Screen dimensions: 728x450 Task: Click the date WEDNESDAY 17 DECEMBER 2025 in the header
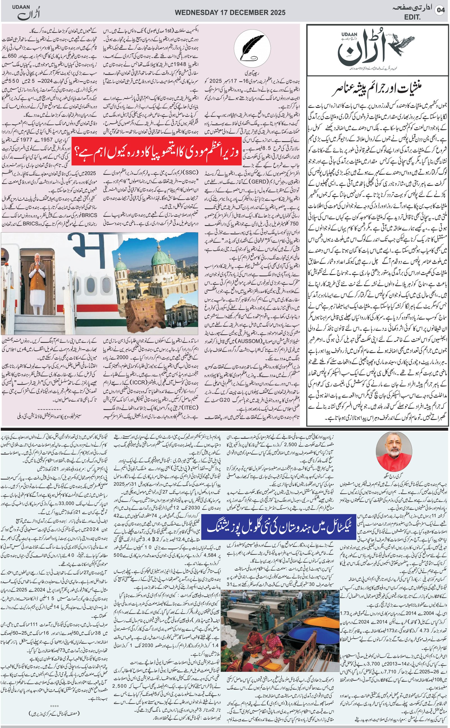point(230,12)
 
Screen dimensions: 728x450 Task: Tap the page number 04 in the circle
point(440,10)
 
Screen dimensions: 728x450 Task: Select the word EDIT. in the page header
point(412,17)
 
